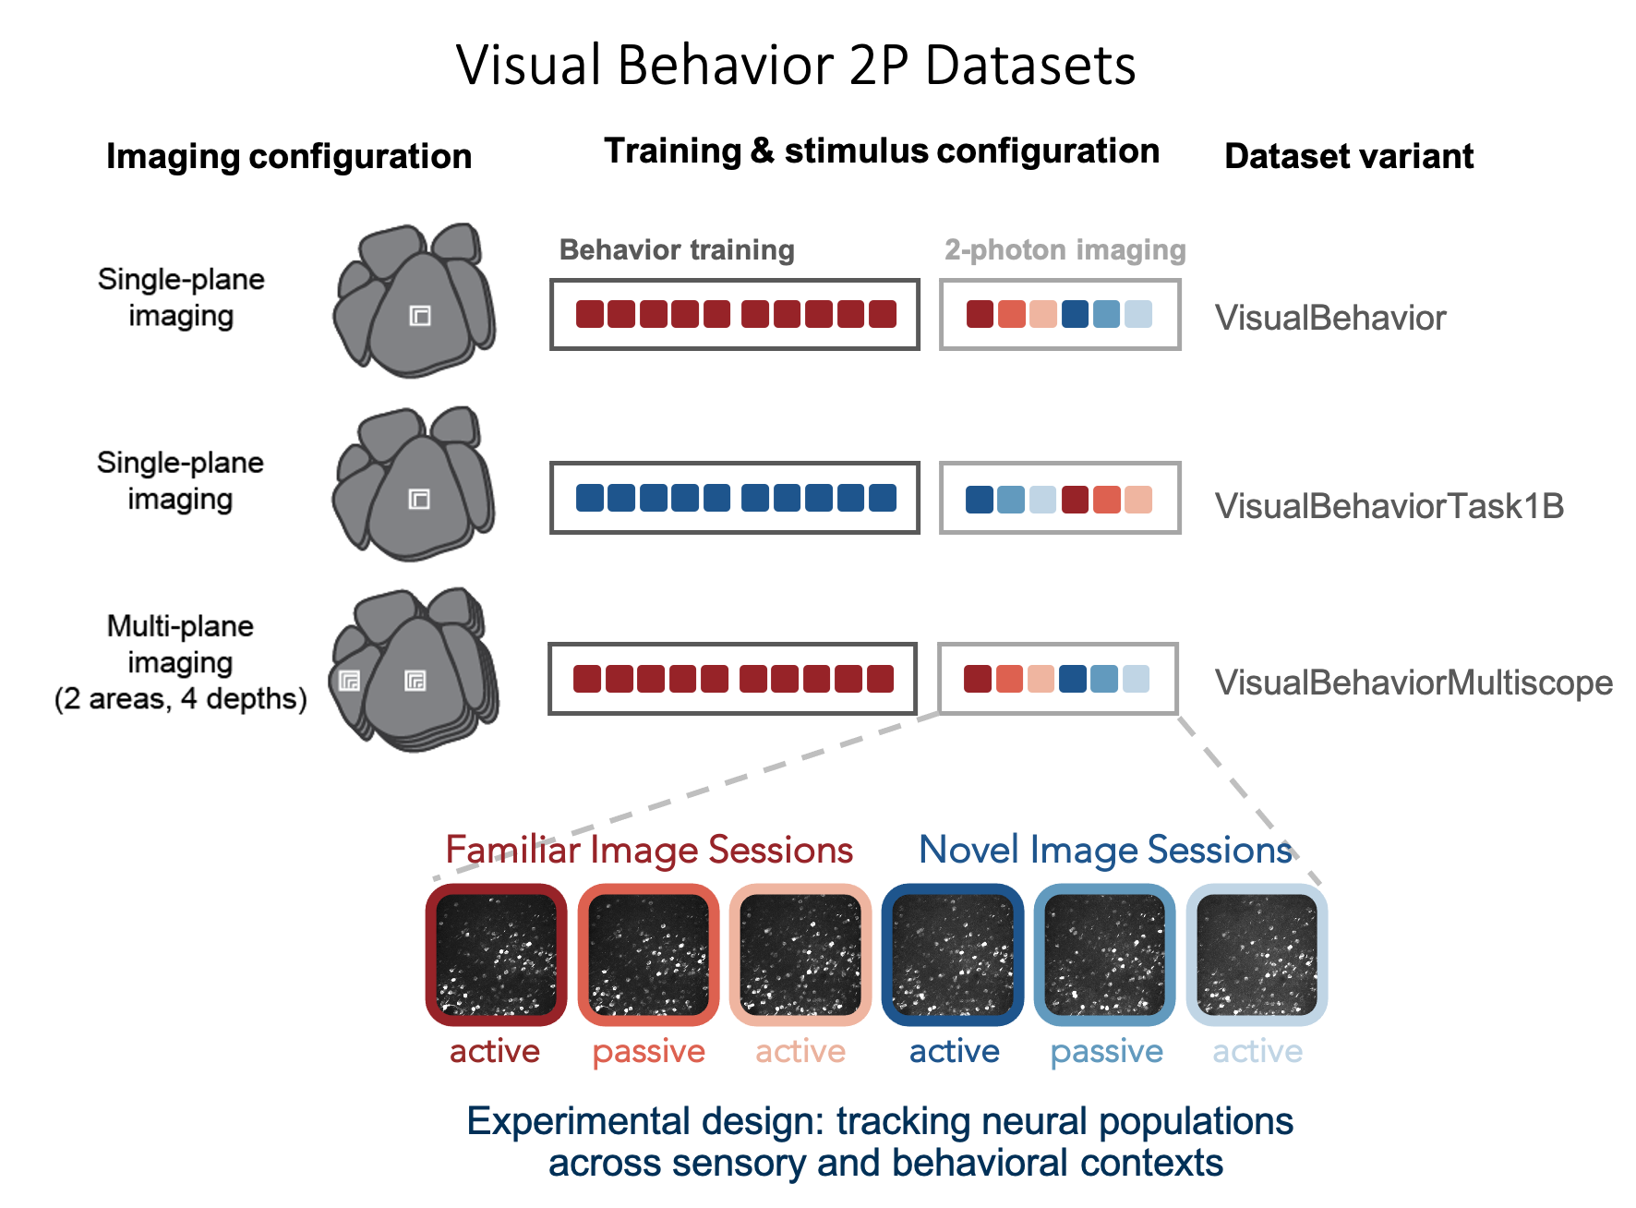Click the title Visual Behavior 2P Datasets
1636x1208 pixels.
[x=796, y=66]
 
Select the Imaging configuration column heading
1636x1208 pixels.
[x=289, y=156]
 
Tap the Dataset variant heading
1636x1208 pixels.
[x=1348, y=156]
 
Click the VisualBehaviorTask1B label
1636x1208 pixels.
[x=1389, y=506]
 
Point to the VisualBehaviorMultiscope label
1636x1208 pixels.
[x=1413, y=683]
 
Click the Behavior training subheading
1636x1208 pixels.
[x=677, y=249]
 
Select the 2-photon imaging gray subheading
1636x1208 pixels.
[x=1065, y=249]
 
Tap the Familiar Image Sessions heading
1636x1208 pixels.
[x=649, y=850]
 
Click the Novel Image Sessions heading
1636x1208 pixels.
[x=1105, y=850]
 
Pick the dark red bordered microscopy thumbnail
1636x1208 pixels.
[x=497, y=954]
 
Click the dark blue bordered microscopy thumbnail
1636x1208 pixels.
[x=953, y=954]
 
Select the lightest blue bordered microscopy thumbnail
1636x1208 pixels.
[x=1257, y=954]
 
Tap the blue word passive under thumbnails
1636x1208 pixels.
[x=1106, y=1051]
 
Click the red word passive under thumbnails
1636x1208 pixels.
[x=648, y=1051]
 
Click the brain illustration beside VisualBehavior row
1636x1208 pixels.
[x=415, y=300]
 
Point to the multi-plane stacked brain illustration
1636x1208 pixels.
[x=415, y=670]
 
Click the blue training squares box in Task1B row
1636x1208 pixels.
[x=735, y=498]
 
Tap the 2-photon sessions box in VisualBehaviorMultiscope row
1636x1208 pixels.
[x=1057, y=679]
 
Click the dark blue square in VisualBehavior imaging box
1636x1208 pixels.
[x=1075, y=314]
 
